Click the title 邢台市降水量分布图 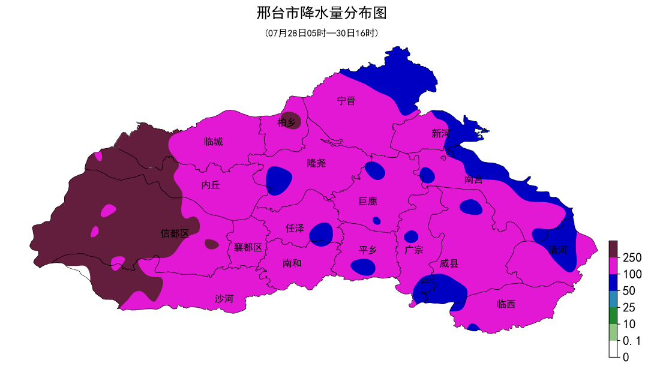pos(324,13)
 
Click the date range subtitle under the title pos(324,33)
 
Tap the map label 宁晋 pos(346,101)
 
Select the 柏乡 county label pos(287,123)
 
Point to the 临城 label pos(213,142)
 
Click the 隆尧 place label pos(316,163)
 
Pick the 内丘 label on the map pos(211,185)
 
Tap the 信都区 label pos(175,233)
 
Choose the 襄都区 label pos(248,247)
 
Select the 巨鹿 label pos(368,201)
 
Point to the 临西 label pos(506,304)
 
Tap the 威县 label pos(449,263)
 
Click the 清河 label pos(557,250)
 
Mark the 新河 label pos(440,134)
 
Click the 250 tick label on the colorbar pos(632,257)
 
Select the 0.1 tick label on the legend pos(632,341)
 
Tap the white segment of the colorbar pos(613,349)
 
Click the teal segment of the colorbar pos(613,299)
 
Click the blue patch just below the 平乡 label pos(363,267)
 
